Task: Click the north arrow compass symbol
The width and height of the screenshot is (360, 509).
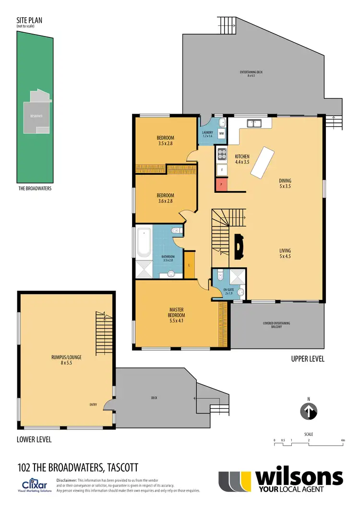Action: click(310, 411)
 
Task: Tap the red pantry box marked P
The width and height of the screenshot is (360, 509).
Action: click(221, 184)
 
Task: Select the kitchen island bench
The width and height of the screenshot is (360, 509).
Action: click(262, 163)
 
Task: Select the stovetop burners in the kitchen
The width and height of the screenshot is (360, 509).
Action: click(222, 154)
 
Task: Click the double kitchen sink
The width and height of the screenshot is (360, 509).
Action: click(253, 123)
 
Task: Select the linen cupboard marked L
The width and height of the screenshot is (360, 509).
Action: click(189, 265)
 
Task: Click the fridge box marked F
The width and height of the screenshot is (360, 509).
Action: click(222, 169)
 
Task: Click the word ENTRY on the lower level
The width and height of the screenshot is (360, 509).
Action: click(93, 404)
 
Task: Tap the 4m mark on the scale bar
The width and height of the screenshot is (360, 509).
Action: click(342, 440)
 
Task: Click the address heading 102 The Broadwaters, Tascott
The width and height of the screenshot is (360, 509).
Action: click(78, 466)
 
